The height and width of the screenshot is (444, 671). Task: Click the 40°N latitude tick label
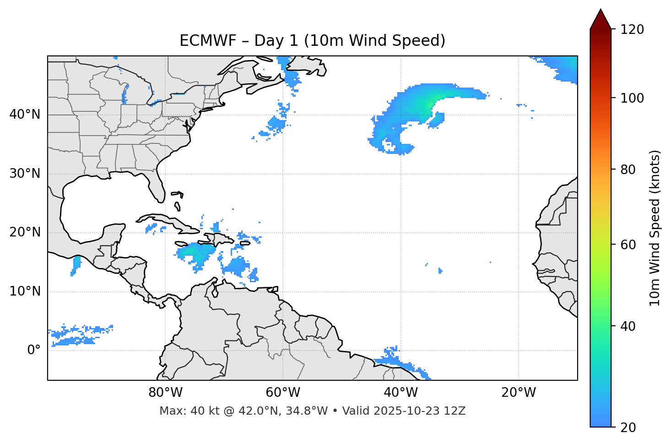click(x=25, y=115)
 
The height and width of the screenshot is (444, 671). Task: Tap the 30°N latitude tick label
click(x=25, y=174)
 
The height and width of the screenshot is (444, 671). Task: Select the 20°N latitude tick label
click(x=25, y=232)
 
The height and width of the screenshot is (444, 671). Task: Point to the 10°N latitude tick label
click(x=25, y=291)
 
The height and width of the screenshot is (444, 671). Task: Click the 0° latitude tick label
click(x=34, y=350)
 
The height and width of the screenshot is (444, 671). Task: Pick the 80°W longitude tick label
click(x=165, y=393)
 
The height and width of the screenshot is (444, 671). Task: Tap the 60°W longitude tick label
click(x=283, y=393)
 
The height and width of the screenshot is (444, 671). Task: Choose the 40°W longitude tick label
click(x=400, y=393)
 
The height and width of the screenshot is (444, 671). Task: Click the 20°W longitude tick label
click(x=518, y=393)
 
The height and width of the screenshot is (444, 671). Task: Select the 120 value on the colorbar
click(x=632, y=29)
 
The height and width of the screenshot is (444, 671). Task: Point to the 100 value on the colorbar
click(x=632, y=98)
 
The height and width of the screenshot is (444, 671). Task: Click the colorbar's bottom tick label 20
click(x=628, y=427)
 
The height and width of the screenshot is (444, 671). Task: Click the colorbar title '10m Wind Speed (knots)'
click(x=655, y=228)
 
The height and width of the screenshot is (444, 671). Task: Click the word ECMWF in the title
click(x=208, y=41)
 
